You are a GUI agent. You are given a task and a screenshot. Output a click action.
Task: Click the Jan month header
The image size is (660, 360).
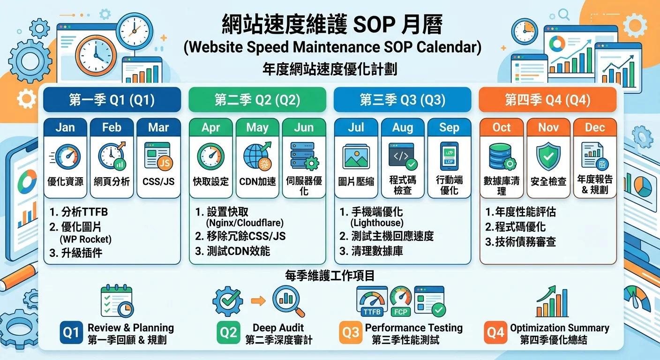(65, 127)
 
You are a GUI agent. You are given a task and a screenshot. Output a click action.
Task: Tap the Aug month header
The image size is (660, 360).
(403, 127)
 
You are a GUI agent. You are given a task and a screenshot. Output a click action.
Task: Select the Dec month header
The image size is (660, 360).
(594, 127)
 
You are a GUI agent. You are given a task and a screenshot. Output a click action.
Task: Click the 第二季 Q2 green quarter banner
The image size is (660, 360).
(257, 100)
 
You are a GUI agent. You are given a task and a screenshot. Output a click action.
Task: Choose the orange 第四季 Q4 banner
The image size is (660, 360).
(547, 100)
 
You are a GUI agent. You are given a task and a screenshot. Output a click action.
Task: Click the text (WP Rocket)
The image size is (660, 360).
(85, 240)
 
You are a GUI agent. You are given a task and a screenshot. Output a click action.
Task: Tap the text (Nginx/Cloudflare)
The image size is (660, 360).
(245, 223)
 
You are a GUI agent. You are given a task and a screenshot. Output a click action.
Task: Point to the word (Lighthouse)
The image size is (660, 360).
(377, 223)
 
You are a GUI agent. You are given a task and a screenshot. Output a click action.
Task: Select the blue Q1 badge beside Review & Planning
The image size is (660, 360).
(71, 333)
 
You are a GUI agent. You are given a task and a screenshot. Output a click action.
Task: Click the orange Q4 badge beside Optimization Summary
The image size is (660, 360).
(495, 333)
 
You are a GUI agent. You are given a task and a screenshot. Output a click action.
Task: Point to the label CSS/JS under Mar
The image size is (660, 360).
(158, 181)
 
